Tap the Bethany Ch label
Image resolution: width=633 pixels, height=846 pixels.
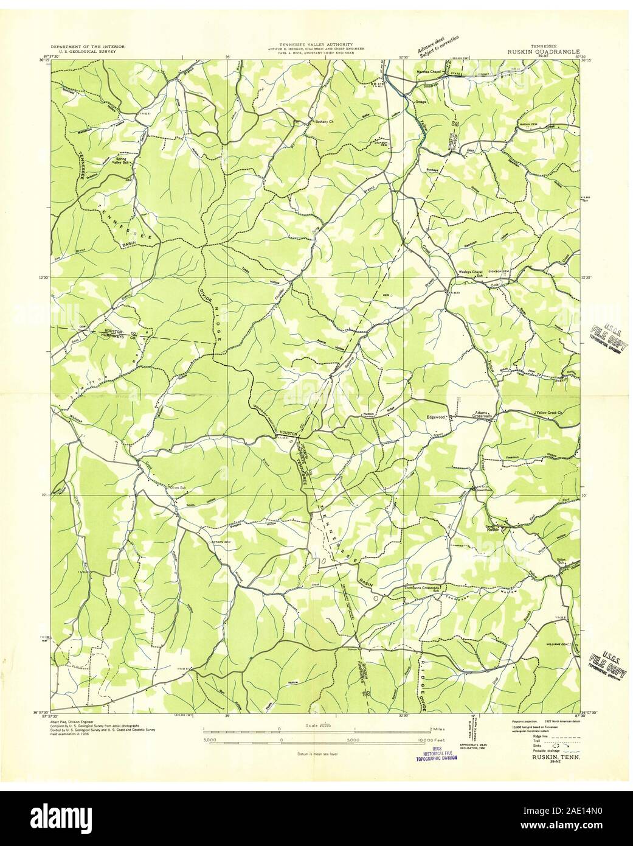click(320, 122)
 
